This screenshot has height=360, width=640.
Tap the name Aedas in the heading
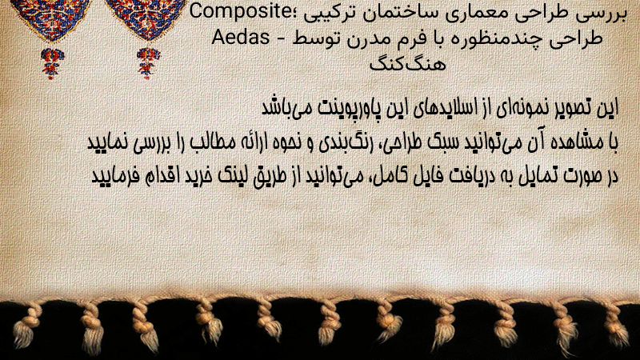click(x=241, y=38)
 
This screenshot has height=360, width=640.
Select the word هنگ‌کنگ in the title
click(x=407, y=63)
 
